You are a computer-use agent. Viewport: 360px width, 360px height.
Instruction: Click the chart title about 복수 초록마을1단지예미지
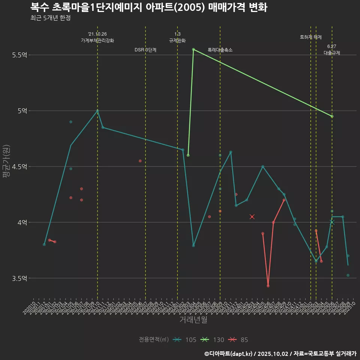coord(148,7)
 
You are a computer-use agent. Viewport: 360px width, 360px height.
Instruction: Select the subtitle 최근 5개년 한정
coord(50,18)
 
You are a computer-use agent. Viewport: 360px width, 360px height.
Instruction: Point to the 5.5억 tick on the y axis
coord(20,55)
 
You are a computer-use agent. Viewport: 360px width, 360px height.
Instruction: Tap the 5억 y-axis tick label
coord(22,111)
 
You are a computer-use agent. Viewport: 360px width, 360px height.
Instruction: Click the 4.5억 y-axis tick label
coord(20,166)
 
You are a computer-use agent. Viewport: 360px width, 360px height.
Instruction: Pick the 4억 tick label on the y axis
coord(22,222)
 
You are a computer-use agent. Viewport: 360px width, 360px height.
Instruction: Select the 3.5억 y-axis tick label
coord(20,278)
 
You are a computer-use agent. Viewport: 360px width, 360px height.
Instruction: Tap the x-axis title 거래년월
coord(193,320)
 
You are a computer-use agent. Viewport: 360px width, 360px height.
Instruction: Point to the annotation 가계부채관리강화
coord(97,40)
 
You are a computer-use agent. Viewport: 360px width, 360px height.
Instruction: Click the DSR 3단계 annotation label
coord(145,50)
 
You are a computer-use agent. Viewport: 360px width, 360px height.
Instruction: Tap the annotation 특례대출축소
coord(220,50)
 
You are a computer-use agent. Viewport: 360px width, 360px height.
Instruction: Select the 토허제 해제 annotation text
coord(311,37)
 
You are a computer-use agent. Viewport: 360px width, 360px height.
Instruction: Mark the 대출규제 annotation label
coord(332,53)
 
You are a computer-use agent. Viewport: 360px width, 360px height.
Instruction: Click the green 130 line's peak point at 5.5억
coord(193,49)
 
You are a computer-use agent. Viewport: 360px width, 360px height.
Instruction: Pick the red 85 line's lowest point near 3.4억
coord(268,286)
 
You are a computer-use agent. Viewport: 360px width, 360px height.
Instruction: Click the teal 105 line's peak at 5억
coord(97,111)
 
